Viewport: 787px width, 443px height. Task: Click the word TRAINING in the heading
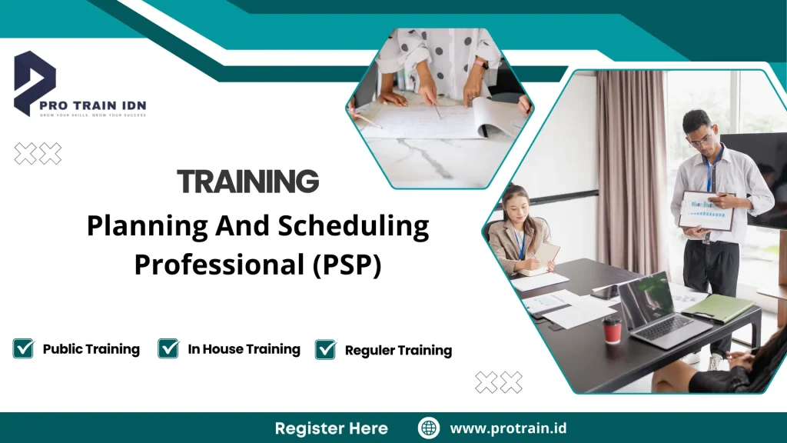pyautogui.click(x=247, y=182)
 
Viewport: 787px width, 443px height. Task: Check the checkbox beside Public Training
pyautogui.click(x=24, y=348)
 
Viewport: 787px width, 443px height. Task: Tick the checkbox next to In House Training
pyautogui.click(x=168, y=348)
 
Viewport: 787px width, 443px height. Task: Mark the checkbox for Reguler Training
pyautogui.click(x=326, y=350)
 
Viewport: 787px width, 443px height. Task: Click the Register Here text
pyautogui.click(x=331, y=428)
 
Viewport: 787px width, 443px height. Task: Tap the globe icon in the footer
pyautogui.click(x=429, y=428)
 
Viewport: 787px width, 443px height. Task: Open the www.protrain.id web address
pyautogui.click(x=508, y=428)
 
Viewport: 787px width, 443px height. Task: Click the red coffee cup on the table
pyautogui.click(x=612, y=330)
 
